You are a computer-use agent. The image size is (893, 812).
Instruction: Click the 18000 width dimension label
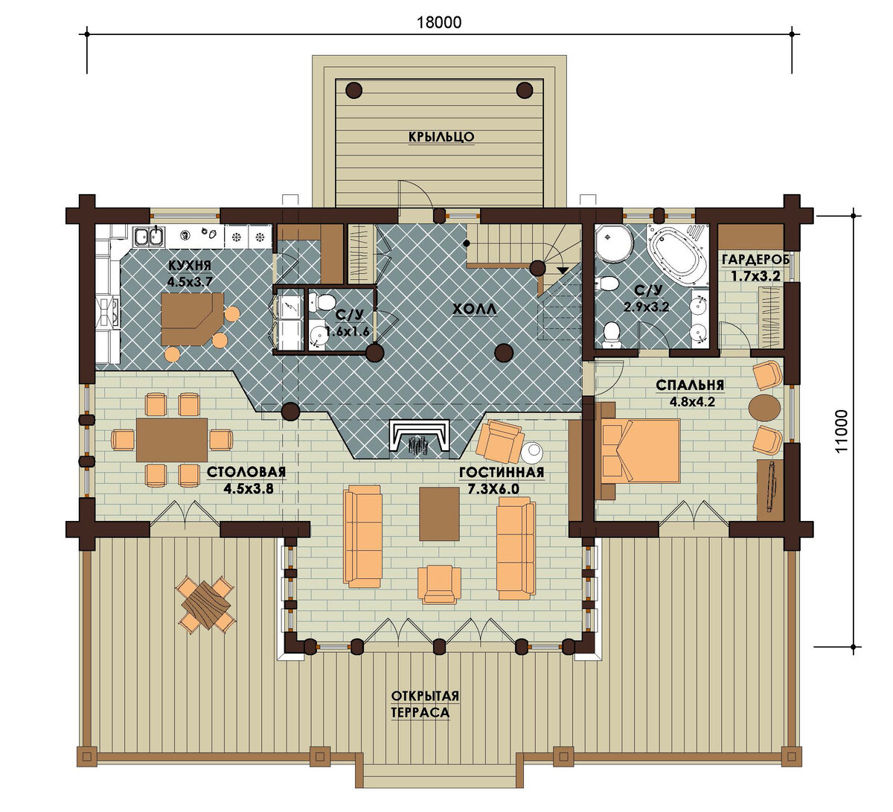[439, 22]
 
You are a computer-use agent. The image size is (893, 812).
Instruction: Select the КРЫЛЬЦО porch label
[441, 136]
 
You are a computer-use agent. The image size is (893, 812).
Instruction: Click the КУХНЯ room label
[190, 266]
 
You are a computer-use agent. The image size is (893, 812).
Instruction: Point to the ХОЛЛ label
[474, 309]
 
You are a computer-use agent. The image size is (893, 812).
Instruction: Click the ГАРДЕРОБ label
[755, 259]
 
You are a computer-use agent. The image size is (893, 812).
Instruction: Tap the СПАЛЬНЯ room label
[690, 385]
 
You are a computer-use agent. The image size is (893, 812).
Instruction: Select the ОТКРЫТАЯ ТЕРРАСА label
[425, 704]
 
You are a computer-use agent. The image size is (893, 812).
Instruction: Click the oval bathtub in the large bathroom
[679, 255]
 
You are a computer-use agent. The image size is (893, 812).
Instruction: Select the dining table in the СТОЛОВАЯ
[172, 440]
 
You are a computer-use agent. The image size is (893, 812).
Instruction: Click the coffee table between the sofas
[439, 514]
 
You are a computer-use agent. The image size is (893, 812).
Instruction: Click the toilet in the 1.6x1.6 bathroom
[321, 302]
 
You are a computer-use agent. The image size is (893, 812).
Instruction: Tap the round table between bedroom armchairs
[765, 406]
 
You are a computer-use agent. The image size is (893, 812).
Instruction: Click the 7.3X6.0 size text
[493, 489]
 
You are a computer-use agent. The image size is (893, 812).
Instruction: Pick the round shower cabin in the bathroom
[612, 246]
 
